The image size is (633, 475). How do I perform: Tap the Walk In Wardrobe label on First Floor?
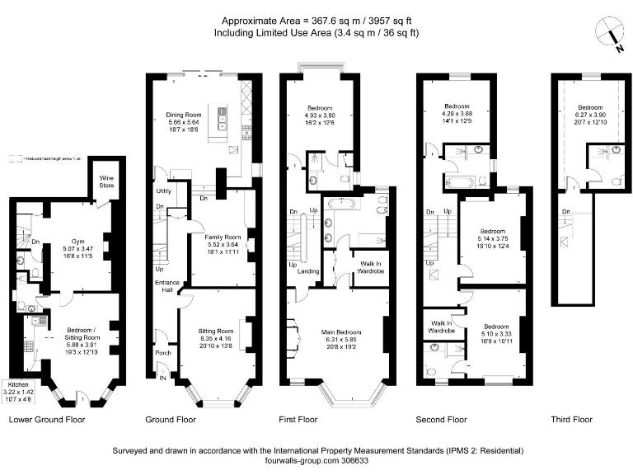click(x=368, y=268)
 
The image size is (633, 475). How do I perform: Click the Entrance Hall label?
click(x=168, y=286)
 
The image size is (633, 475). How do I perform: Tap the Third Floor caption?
click(x=571, y=420)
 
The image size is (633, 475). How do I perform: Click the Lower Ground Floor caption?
click(x=47, y=420)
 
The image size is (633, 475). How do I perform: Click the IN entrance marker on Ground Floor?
click(x=162, y=378)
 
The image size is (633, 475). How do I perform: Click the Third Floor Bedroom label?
click(x=590, y=108)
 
